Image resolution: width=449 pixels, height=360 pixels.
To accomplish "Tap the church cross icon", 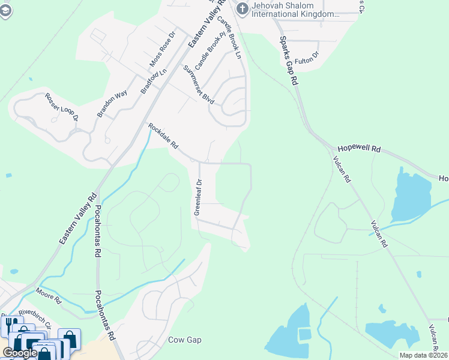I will click(243, 8).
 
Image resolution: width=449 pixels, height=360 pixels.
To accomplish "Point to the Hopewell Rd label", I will click(359, 148).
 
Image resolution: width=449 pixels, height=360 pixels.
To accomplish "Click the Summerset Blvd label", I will click(199, 85).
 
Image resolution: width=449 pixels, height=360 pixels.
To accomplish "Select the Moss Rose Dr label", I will click(162, 49).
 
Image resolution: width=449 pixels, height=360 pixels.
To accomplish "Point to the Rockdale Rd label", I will click(163, 136).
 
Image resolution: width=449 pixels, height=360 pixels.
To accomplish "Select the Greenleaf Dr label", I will click(197, 197).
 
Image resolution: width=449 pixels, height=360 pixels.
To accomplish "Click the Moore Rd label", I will click(48, 295).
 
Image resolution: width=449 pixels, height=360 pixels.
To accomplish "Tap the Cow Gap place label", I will click(184, 340).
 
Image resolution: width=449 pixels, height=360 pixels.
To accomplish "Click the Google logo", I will click(19, 353).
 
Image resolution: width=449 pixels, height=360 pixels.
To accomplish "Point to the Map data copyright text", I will click(423, 355).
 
